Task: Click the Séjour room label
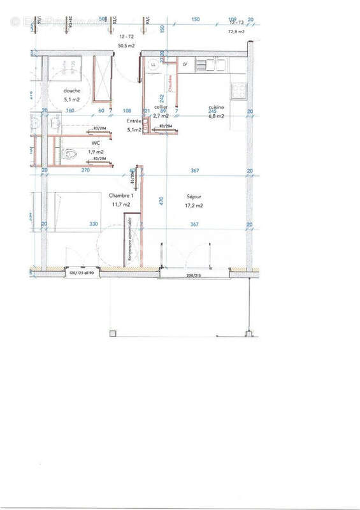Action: [194, 196]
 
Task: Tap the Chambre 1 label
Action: [120, 195]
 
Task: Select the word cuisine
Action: [217, 107]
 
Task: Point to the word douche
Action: [71, 91]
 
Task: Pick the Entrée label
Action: [134, 120]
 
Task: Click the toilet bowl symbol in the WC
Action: [70, 153]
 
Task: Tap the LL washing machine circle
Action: [153, 65]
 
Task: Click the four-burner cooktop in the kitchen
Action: [239, 91]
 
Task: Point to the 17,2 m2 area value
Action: [194, 205]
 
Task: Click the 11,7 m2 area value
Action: [121, 204]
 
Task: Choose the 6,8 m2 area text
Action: [217, 116]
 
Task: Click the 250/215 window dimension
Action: [194, 275]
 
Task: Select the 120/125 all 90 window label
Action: [82, 273]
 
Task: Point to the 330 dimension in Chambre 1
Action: [93, 224]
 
